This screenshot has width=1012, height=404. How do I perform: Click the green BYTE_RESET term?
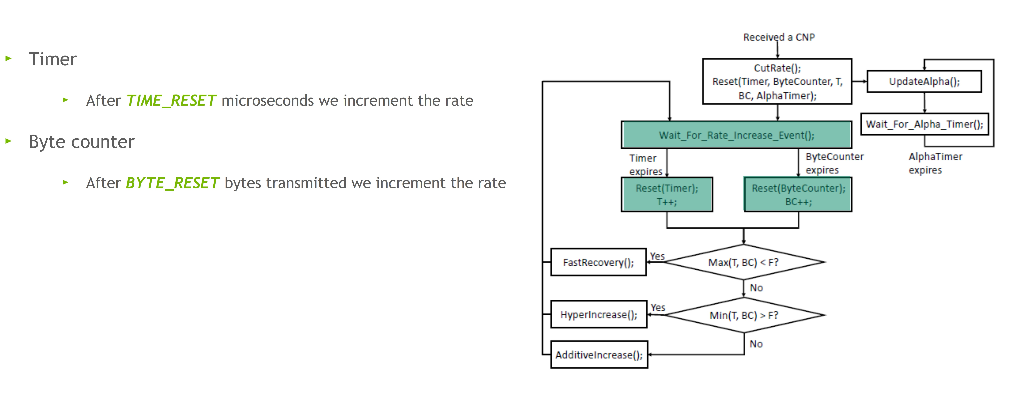coord(172,183)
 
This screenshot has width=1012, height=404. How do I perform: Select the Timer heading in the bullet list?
coord(53,59)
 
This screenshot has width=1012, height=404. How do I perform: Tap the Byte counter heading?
coord(81,142)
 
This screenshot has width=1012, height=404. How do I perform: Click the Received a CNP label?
coord(779,37)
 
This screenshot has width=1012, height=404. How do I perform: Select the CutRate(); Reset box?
coord(777,82)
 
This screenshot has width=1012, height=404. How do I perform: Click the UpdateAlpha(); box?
coord(924,82)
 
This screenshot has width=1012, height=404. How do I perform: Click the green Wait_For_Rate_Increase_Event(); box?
coord(736,135)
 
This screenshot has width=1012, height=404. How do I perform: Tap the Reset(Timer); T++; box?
coord(667,195)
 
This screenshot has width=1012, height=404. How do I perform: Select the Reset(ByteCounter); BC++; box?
coord(798,195)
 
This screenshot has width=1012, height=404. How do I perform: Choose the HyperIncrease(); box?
coord(598,314)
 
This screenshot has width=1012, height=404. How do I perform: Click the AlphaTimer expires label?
coord(935,163)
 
